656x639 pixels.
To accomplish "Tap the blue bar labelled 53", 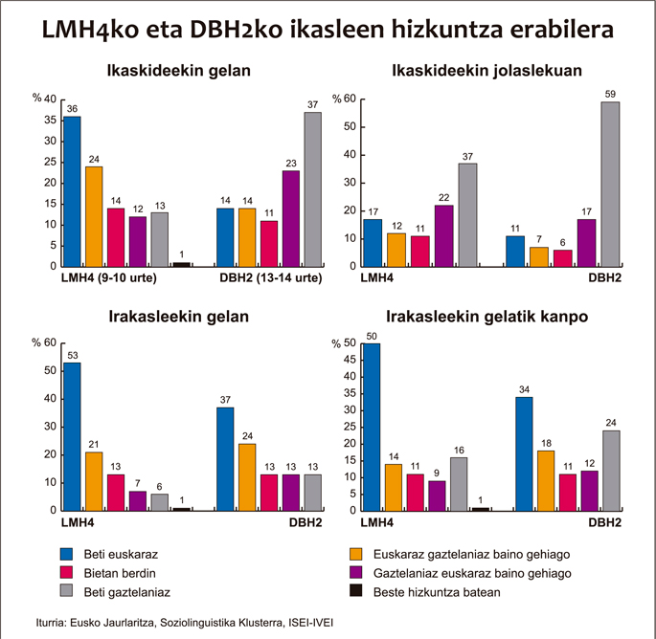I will [72, 436].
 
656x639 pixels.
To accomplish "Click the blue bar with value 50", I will [371, 427].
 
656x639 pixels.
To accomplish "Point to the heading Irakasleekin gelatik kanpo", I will [488, 317].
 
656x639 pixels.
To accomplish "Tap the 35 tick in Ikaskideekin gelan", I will [51, 121].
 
